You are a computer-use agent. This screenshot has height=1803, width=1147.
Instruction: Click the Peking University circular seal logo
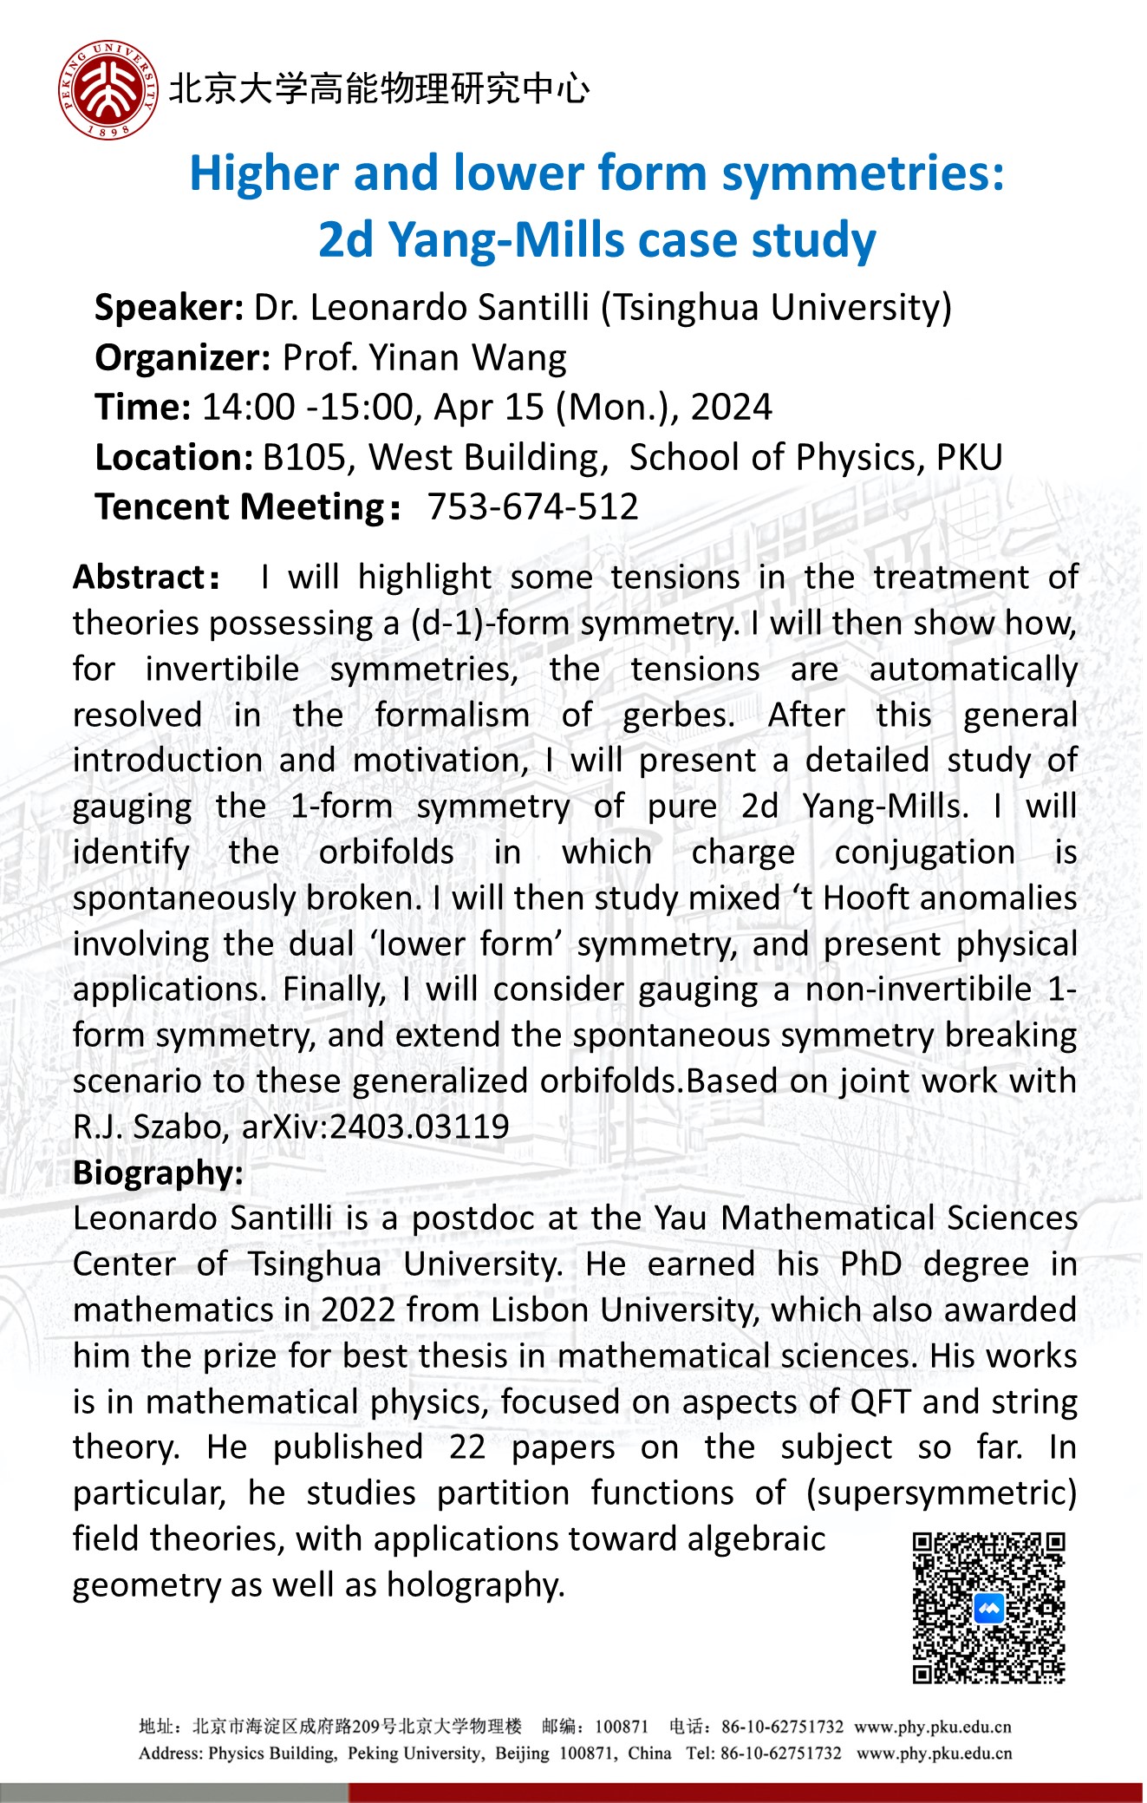[108, 89]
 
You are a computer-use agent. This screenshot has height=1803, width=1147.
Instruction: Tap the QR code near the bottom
[988, 1608]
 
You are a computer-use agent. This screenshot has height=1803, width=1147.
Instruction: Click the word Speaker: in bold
[169, 308]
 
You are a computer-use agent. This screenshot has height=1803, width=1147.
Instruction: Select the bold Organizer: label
[183, 358]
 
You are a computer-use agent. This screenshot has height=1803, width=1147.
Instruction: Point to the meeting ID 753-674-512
[533, 507]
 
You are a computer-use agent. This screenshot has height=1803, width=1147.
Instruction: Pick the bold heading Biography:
[158, 1173]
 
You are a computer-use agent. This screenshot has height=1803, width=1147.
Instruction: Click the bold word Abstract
[139, 578]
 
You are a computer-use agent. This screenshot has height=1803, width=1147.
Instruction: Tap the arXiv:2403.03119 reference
[375, 1127]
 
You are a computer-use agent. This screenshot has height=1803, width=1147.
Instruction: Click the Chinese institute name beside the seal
[379, 89]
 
